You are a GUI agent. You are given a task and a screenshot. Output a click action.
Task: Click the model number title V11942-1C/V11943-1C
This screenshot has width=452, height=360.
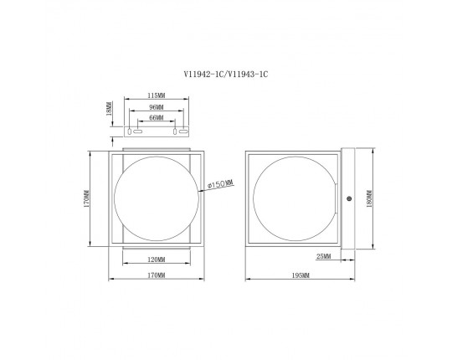(x=226, y=75)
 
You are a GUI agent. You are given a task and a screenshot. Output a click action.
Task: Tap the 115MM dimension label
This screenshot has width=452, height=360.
(x=157, y=95)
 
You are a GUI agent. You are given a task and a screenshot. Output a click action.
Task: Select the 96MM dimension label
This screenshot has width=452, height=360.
(x=157, y=107)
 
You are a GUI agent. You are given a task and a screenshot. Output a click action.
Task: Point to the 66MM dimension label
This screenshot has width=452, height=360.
(x=157, y=117)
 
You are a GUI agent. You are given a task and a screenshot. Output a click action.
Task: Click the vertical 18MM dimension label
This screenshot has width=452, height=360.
(x=109, y=108)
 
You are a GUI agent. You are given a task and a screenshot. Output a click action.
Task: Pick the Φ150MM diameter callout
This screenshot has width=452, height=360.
(x=220, y=183)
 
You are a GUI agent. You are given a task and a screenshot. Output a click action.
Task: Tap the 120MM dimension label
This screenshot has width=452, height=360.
(x=157, y=260)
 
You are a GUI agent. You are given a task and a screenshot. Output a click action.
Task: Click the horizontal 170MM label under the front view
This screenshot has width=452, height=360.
(x=157, y=275)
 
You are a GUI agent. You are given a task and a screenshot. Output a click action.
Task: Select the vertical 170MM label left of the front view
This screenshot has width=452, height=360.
(x=86, y=198)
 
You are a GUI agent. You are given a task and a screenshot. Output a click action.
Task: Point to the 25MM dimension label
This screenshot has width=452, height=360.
(x=324, y=256)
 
